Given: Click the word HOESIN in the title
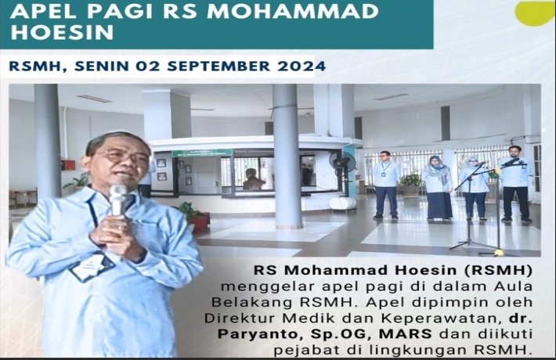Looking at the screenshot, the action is (62, 32).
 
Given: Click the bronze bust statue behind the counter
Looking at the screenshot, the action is (253, 180).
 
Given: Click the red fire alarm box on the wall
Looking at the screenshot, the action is (68, 165).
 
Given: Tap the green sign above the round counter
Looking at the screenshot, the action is (202, 153).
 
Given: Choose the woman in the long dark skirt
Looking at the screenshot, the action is (439, 188).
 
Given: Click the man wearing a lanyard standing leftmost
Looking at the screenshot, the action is (386, 185).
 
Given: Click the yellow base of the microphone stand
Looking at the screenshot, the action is (498, 253).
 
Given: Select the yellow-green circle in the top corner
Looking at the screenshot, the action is (535, 13).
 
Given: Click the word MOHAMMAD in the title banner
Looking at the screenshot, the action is (293, 11).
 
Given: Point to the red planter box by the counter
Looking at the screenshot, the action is (200, 221).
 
